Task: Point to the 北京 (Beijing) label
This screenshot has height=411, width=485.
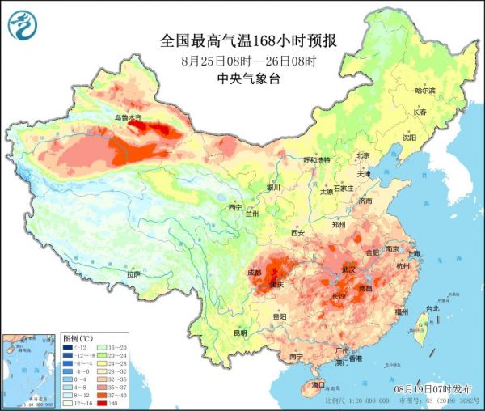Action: (363, 155)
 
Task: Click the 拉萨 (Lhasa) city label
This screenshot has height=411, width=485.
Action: (133, 274)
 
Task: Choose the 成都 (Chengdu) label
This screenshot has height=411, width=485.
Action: (254, 273)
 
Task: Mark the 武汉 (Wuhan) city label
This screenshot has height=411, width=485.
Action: (349, 268)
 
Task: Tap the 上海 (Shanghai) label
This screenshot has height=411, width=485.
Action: (414, 253)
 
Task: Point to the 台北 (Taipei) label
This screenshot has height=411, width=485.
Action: (432, 308)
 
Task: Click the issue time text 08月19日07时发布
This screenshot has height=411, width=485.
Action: (435, 389)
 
